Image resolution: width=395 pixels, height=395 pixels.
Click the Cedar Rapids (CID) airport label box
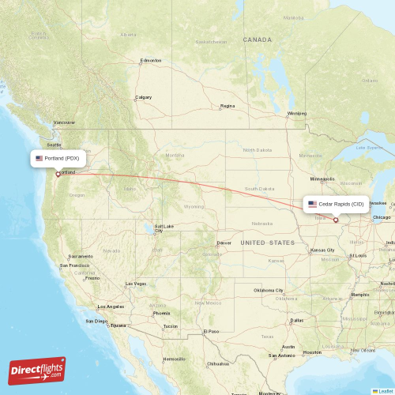click(x=336, y=204)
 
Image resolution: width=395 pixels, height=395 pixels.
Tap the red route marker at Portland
click(x=58, y=174)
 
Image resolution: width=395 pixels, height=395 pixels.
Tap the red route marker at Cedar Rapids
click(x=336, y=220)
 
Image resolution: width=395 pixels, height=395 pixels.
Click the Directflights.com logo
click(x=37, y=370)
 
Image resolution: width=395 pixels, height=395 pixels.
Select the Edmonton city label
click(x=151, y=60)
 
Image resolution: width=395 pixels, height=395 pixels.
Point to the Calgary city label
click(x=143, y=97)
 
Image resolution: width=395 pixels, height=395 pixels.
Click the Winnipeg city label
click(x=296, y=113)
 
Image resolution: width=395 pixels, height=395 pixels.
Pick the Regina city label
click(x=228, y=105)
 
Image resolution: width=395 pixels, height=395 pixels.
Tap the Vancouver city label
click(x=64, y=122)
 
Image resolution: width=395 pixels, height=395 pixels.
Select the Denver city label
click(x=224, y=243)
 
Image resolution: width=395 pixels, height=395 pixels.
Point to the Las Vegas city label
click(x=135, y=284)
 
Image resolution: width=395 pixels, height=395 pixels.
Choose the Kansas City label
click(x=322, y=250)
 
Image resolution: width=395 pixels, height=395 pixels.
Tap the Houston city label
click(x=311, y=352)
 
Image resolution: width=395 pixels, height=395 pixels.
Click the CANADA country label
click(x=257, y=39)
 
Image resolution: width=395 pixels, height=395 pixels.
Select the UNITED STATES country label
click(x=267, y=243)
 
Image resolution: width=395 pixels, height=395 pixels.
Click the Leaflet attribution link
click(x=385, y=391)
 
